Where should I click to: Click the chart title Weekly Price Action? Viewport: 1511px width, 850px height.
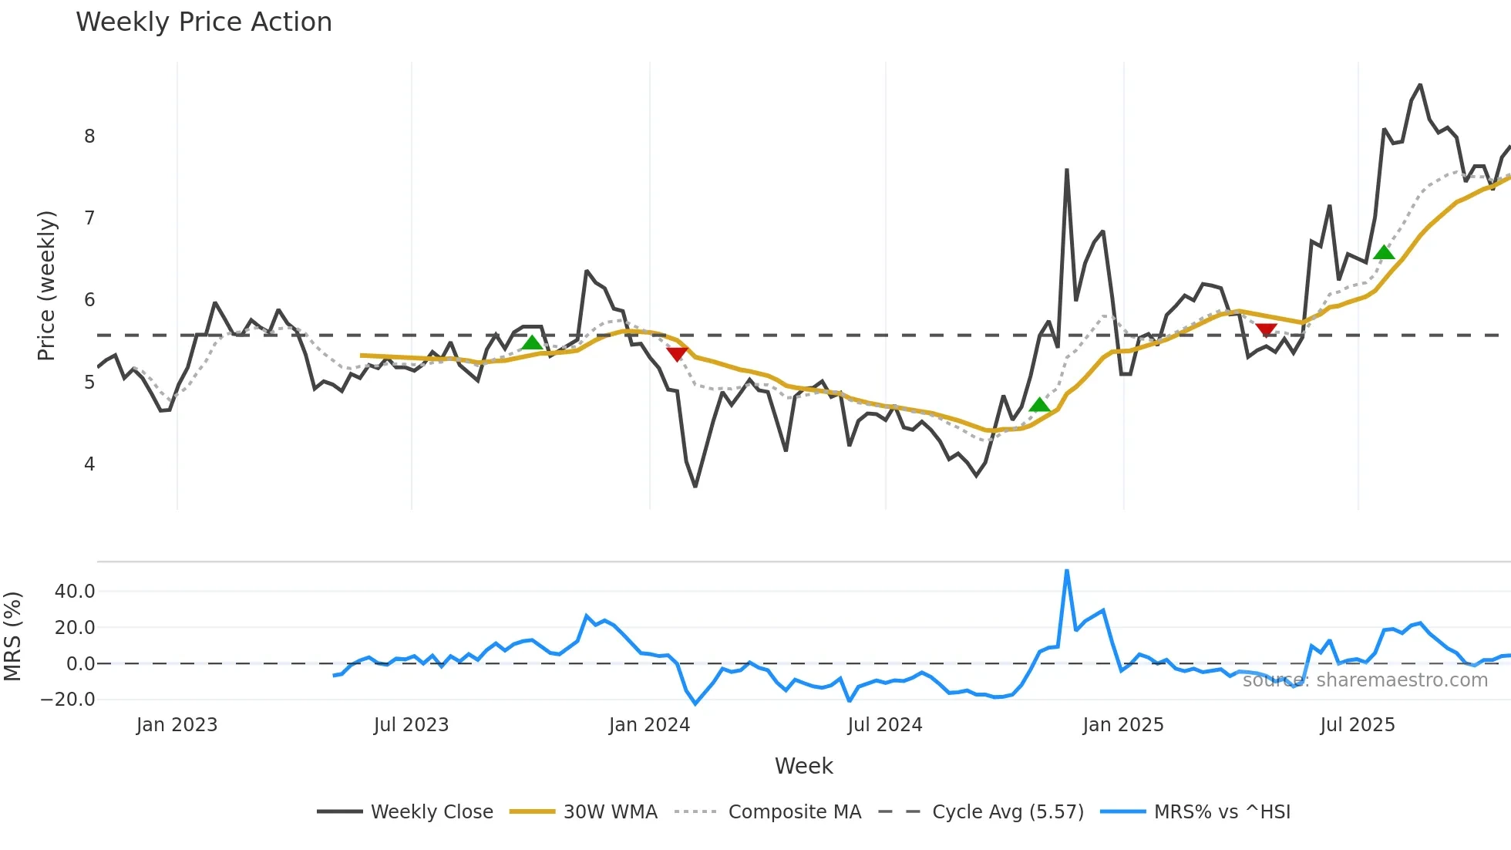point(204,22)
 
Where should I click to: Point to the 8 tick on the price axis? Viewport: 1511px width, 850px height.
point(89,137)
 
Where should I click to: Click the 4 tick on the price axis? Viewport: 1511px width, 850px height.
point(89,464)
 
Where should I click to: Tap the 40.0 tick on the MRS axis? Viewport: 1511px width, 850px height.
point(75,592)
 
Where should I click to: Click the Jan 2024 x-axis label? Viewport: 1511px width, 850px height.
point(649,725)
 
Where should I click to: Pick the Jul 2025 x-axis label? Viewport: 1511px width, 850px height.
point(1358,725)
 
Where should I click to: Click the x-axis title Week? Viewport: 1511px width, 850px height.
point(803,766)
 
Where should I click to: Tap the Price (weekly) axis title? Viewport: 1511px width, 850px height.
point(46,285)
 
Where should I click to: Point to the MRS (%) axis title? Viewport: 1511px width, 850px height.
point(12,636)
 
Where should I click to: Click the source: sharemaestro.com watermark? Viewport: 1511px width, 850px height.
point(1365,680)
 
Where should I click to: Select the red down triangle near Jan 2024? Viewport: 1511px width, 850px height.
point(677,354)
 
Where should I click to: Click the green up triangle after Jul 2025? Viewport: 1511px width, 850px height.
point(1384,252)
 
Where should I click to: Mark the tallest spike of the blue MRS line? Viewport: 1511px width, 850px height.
point(1067,572)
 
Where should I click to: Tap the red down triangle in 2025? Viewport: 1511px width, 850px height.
point(1266,330)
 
